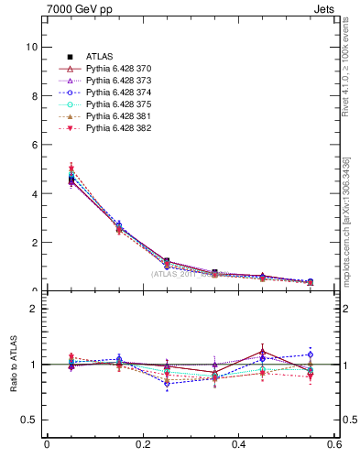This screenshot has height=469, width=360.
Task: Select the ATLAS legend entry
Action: [102, 56]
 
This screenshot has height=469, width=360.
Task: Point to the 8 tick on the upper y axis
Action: [34, 95]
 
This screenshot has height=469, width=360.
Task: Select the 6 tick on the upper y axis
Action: [34, 145]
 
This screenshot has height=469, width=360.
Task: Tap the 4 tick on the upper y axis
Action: [34, 193]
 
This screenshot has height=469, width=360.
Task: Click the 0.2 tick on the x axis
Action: [142, 445]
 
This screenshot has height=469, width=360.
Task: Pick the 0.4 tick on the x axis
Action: [239, 445]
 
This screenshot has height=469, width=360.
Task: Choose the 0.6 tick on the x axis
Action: [335, 445]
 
